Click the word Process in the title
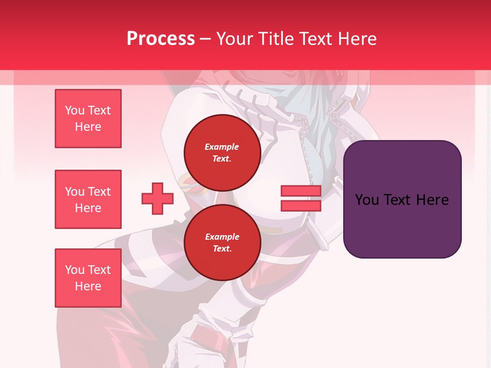point(161,39)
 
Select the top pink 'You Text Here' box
point(88,119)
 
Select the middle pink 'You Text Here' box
point(88,199)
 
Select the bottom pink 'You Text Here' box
point(88,278)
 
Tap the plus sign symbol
point(158,198)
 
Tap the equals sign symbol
point(301,198)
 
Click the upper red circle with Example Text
point(222,152)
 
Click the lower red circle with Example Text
point(222,242)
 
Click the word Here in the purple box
point(432,200)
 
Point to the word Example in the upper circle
point(222,147)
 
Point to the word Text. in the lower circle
point(222,249)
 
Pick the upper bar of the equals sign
point(301,191)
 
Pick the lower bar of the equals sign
point(301,205)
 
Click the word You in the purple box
point(367,200)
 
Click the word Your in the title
point(234,39)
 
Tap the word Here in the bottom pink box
point(88,286)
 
